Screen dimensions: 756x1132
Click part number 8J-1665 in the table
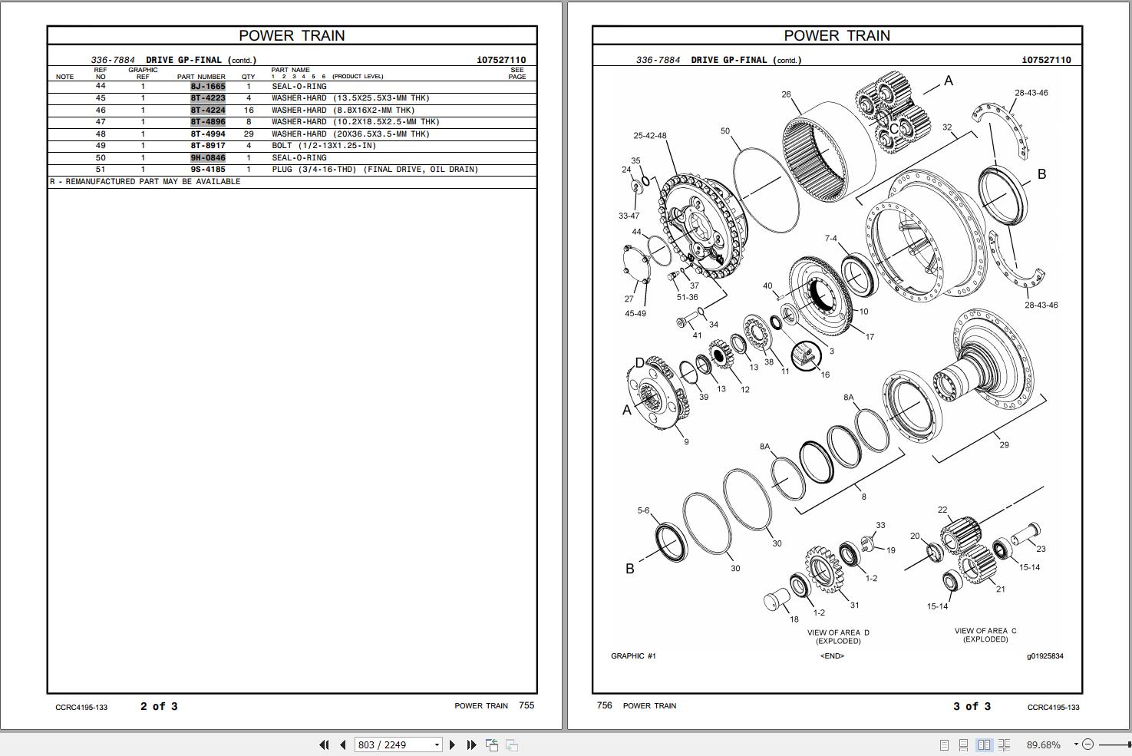tap(208, 87)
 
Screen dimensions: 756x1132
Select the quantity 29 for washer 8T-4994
tap(248, 134)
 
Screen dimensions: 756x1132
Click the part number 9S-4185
tap(208, 170)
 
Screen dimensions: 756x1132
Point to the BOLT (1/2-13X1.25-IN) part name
tap(323, 146)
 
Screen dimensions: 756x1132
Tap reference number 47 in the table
tap(101, 122)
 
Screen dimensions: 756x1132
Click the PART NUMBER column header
tap(201, 77)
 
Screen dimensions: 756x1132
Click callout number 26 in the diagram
tap(786, 94)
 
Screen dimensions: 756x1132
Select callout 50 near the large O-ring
tap(725, 131)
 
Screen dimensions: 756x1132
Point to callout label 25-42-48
tap(649, 136)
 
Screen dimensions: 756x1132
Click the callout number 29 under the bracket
tap(1004, 445)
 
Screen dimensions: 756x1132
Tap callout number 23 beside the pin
tap(1041, 549)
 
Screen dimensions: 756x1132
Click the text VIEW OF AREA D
tap(838, 633)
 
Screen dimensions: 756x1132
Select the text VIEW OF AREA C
tap(985, 631)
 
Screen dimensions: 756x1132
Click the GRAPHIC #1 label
tap(633, 656)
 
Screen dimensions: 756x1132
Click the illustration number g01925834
tap(1045, 656)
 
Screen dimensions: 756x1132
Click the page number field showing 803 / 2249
tap(394, 744)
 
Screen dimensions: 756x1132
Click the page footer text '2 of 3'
tap(159, 706)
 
